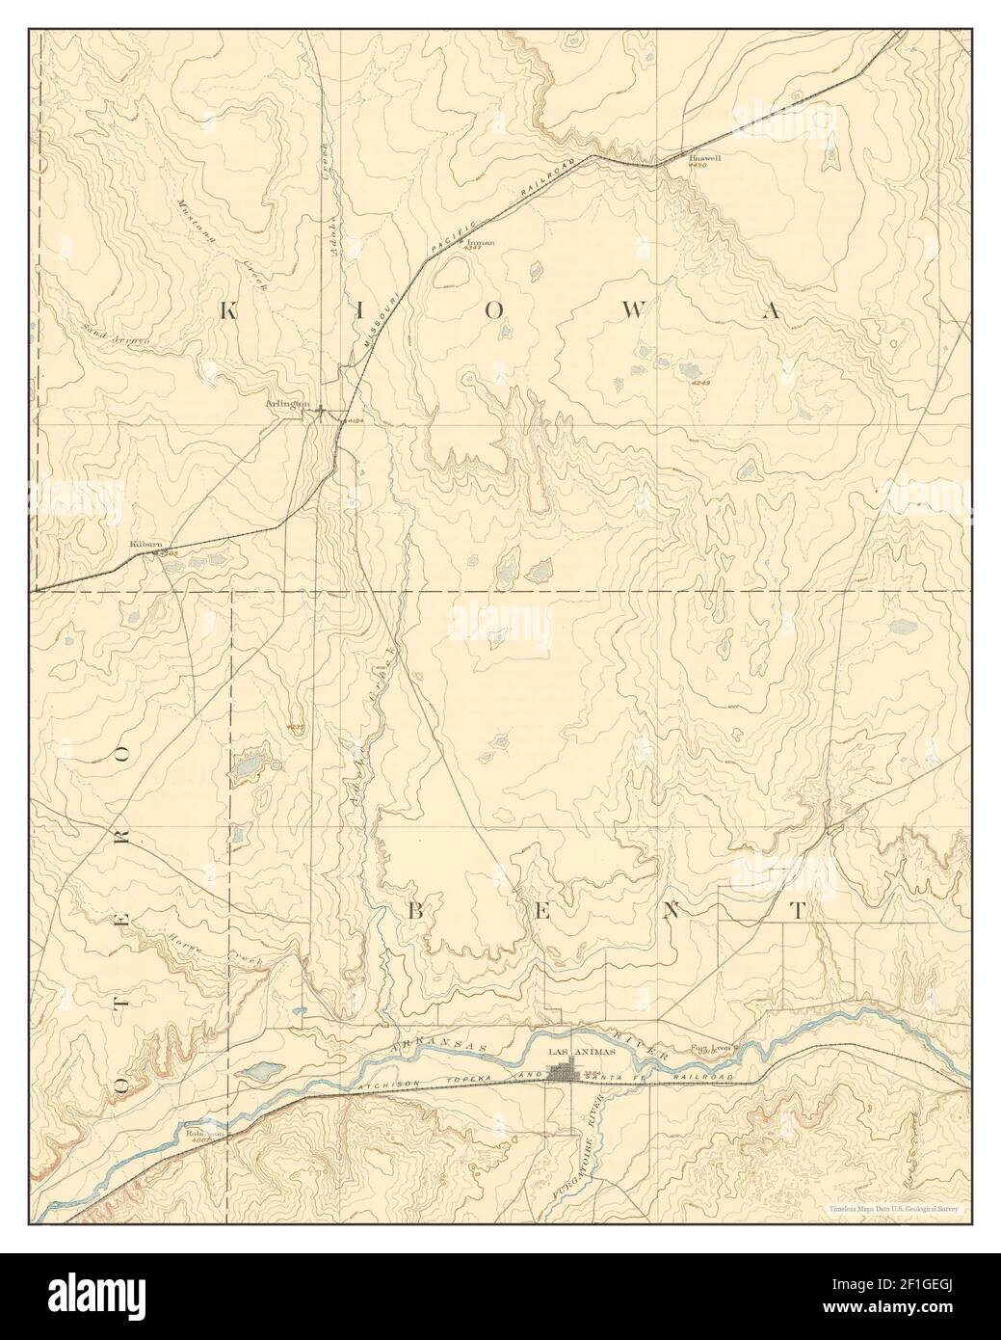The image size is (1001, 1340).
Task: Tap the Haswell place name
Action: coord(705,156)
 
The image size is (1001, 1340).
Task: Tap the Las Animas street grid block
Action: coord(564,1071)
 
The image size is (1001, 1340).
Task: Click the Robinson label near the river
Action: coord(205,1135)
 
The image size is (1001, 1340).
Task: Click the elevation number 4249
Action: coord(699,383)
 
